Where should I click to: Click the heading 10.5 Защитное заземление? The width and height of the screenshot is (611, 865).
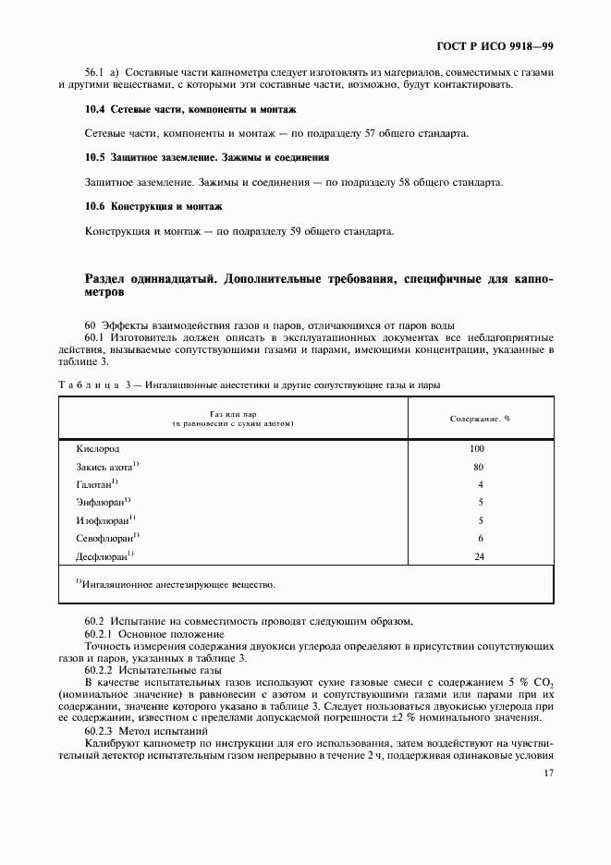(x=206, y=158)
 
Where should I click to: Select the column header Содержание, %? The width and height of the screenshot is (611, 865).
(x=480, y=419)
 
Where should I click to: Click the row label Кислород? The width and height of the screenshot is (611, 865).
(x=97, y=449)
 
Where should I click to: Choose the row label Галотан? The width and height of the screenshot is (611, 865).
(x=96, y=484)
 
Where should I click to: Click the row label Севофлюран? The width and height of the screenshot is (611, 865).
(x=106, y=538)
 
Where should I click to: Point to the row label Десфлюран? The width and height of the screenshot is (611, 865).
(x=104, y=555)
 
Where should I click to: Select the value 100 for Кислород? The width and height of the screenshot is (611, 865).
(x=477, y=449)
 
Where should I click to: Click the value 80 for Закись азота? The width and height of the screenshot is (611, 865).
(x=478, y=467)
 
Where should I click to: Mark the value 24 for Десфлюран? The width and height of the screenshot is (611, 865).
(x=478, y=555)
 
